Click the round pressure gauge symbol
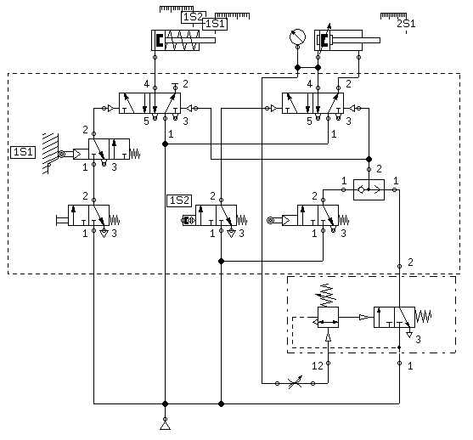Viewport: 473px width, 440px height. click(297, 37)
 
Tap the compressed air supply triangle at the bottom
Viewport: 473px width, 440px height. click(165, 426)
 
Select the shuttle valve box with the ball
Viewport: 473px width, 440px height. click(369, 189)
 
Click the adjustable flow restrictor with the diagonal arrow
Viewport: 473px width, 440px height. click(295, 383)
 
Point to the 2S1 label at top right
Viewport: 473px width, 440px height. click(406, 24)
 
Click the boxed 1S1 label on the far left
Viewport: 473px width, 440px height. click(23, 152)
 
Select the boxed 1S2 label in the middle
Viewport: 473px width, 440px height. click(179, 200)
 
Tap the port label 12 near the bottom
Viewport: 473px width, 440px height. click(318, 366)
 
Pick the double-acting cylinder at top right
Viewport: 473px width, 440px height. click(347, 40)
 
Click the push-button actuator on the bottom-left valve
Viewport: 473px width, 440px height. click(62, 221)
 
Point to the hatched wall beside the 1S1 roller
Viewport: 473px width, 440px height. click(50, 153)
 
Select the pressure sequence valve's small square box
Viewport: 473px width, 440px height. click(328, 317)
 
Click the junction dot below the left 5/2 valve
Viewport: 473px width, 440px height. click(165, 144)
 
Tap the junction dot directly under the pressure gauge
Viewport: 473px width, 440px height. click(297, 68)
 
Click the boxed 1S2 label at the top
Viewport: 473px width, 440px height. click(194, 17)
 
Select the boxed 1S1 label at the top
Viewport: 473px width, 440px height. click(215, 24)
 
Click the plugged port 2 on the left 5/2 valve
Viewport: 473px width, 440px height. click(175, 87)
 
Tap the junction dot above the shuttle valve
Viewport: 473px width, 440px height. click(369, 159)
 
